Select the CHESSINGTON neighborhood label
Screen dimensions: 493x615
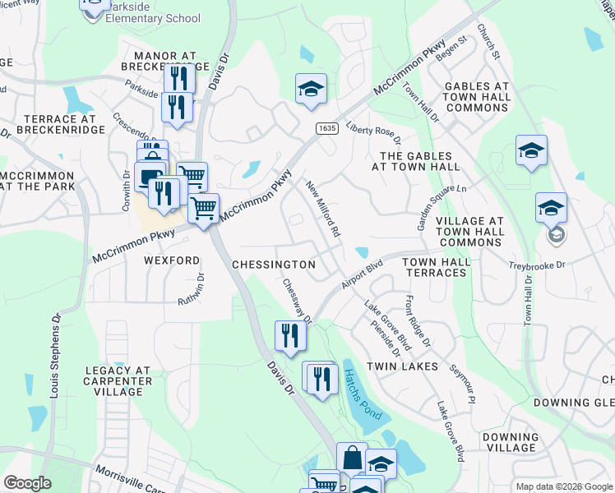[x=274, y=265]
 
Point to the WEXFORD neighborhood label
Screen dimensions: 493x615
[x=172, y=260]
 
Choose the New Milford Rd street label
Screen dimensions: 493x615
[x=323, y=210]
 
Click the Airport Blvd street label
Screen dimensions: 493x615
[x=363, y=274]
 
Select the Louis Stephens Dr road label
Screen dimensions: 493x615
[x=55, y=353]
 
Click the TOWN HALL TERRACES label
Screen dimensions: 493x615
[x=437, y=267]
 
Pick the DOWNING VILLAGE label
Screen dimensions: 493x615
[x=511, y=442]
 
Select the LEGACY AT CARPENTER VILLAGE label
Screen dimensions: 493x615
[x=118, y=380]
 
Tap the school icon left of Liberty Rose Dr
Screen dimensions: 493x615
[x=312, y=89]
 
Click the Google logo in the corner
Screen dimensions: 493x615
[x=27, y=482]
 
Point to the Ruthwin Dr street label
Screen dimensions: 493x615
[x=197, y=291]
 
